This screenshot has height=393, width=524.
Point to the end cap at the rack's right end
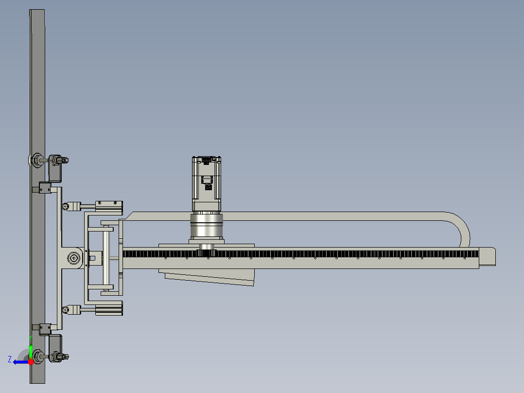point(487,256)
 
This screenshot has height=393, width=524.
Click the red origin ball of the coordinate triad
point(31,361)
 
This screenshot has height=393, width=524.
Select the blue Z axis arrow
point(19,362)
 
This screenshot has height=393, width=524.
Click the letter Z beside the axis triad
point(10,359)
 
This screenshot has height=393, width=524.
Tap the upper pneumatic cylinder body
point(109,206)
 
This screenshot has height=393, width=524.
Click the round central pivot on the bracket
point(74,258)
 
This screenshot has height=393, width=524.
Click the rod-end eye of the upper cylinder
point(66,206)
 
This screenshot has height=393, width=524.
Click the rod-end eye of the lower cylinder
point(66,309)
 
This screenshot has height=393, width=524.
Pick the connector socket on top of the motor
point(207,159)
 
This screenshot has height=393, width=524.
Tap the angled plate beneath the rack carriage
point(209,278)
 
